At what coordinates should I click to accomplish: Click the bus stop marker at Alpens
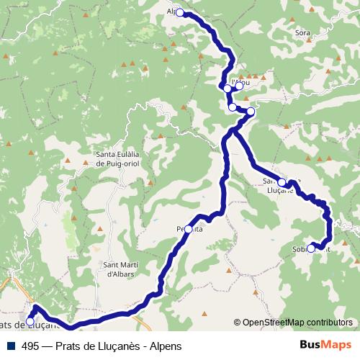click(x=180, y=12)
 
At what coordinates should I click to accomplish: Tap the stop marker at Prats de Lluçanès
click(x=30, y=322)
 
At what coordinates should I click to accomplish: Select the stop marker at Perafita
click(x=189, y=229)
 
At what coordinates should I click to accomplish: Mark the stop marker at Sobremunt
click(x=311, y=249)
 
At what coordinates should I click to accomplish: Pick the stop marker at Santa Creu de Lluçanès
click(x=282, y=182)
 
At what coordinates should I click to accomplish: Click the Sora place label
click(x=302, y=33)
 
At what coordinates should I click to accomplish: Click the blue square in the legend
click(x=10, y=346)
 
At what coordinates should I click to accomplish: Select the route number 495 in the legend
click(x=30, y=346)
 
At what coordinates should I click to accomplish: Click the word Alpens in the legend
click(x=166, y=346)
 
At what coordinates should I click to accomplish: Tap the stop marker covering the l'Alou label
click(x=239, y=86)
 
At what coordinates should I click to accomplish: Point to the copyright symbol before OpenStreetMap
click(x=237, y=323)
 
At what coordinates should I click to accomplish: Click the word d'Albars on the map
click(x=117, y=274)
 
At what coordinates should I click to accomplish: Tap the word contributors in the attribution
click(x=328, y=323)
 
